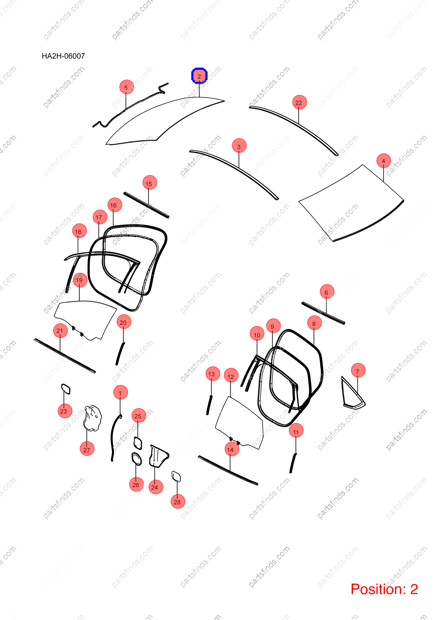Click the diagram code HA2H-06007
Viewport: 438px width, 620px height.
pos(63,56)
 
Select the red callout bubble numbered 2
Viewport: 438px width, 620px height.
pos(199,76)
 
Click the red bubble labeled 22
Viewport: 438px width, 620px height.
pos(299,102)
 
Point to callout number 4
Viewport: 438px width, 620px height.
pos(384,160)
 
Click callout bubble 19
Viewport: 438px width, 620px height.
pos(80,280)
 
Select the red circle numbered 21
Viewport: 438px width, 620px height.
pos(60,331)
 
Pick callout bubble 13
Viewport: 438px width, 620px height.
pos(213,374)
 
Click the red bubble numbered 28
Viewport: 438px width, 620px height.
pos(178,501)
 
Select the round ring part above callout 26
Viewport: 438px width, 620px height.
pos(136,459)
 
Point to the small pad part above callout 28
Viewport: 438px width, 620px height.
pos(176,477)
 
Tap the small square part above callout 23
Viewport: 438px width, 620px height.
pos(66,389)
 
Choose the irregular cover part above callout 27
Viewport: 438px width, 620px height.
pos(93,418)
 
